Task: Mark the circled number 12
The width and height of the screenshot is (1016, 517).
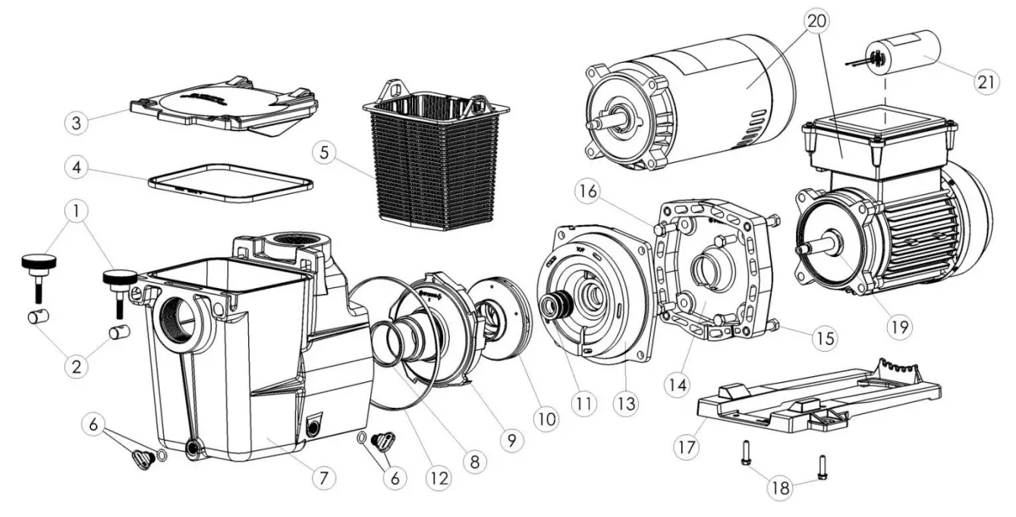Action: tap(439, 478)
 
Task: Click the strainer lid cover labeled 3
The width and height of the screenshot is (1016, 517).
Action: tap(225, 103)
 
